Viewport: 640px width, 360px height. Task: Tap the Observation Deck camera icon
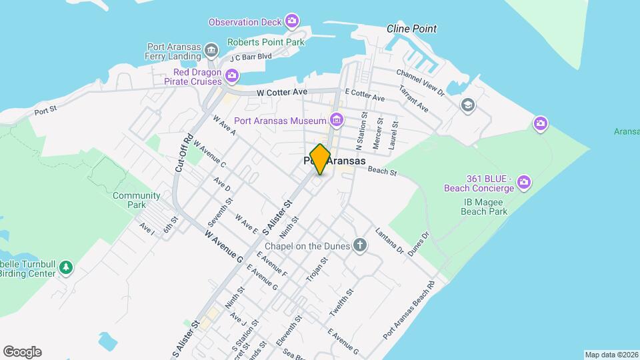pos(291,21)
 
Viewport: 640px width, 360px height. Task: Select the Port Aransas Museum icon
pos(337,120)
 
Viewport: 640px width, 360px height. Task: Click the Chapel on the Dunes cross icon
pos(360,246)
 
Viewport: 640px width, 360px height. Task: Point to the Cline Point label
pos(412,29)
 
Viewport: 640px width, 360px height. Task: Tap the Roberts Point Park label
pos(265,42)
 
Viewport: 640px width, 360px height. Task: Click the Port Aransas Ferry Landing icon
pos(211,51)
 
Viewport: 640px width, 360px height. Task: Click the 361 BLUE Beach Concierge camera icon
pos(523,181)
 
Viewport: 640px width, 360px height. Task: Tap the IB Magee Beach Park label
pos(484,206)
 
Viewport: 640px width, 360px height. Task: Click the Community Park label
pos(137,200)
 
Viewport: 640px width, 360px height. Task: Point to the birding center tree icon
pos(65,267)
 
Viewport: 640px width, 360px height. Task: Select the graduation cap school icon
pos(467,105)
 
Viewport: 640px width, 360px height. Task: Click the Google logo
pos(22,351)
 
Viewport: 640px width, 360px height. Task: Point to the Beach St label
pos(383,172)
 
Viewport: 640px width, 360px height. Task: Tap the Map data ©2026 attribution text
pos(611,355)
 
